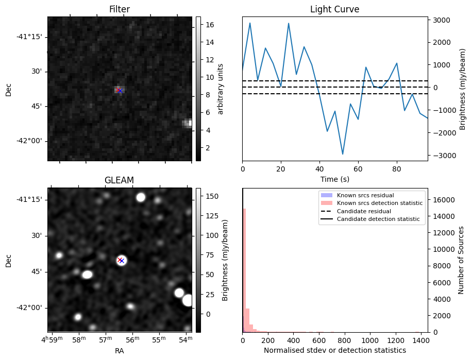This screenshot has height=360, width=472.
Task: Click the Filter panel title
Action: [x=120, y=9]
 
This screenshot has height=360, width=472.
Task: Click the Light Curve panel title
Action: [x=334, y=9]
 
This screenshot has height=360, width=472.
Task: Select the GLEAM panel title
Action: [x=120, y=180]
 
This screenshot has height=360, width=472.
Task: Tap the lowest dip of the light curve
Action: [x=343, y=154]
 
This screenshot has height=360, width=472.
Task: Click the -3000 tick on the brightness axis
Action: [x=441, y=156]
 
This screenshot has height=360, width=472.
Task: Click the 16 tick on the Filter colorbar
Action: [x=210, y=25]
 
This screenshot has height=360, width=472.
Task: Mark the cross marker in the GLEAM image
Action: [x=121, y=260]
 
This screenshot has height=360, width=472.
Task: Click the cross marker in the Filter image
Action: [x=120, y=90]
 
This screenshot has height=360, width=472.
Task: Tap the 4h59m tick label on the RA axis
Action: [x=53, y=340]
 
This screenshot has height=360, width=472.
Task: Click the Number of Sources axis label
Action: [x=461, y=260]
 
